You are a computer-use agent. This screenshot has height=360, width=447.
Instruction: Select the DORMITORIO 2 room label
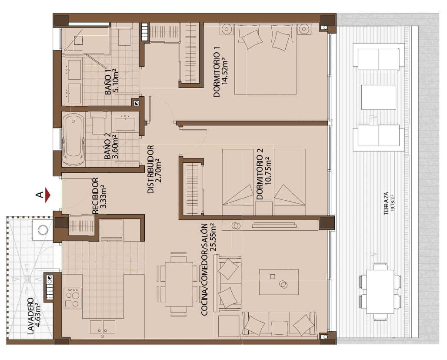260,175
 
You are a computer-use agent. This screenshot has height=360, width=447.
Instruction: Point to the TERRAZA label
386,204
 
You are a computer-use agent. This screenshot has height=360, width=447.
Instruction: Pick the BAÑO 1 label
108,82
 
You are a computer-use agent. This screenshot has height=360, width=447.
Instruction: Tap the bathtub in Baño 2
73,139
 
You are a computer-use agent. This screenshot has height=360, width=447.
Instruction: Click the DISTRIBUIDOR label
151,170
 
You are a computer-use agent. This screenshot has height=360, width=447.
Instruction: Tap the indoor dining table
179,284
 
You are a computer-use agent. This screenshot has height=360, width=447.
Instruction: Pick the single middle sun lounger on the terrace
378,97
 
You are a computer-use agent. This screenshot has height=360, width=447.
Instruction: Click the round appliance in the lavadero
43,229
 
